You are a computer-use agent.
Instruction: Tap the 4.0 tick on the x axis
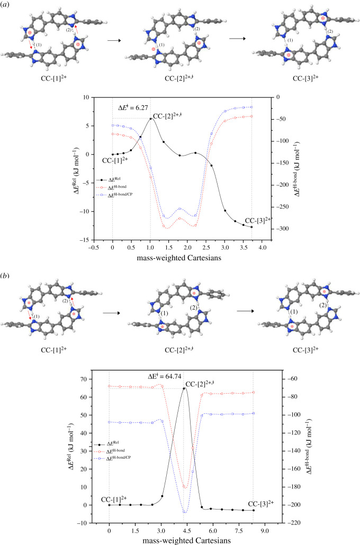262,247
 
